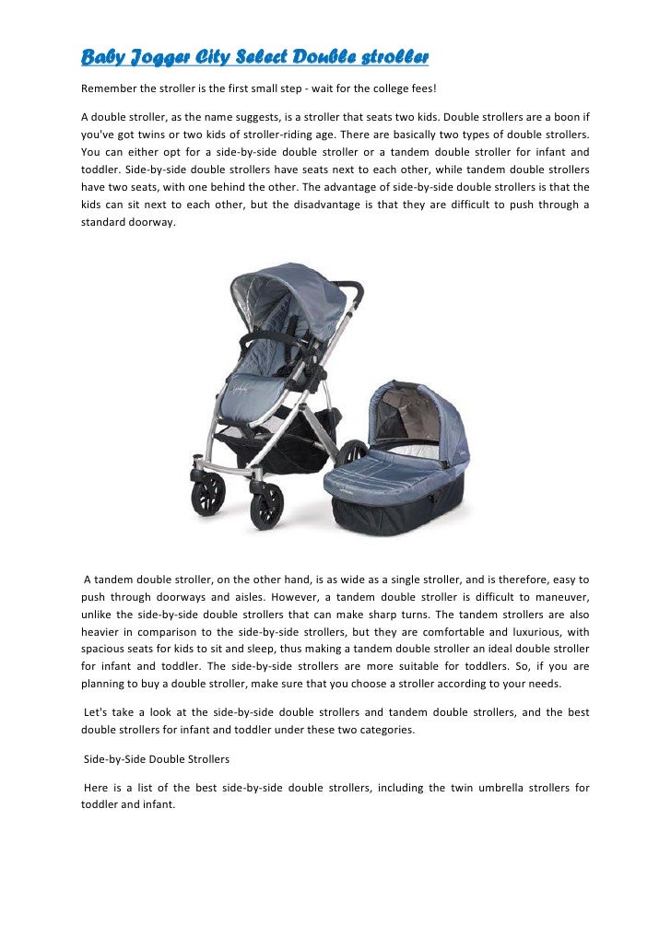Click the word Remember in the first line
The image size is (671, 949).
pos(111,91)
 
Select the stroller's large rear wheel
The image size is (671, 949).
pos(351,454)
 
